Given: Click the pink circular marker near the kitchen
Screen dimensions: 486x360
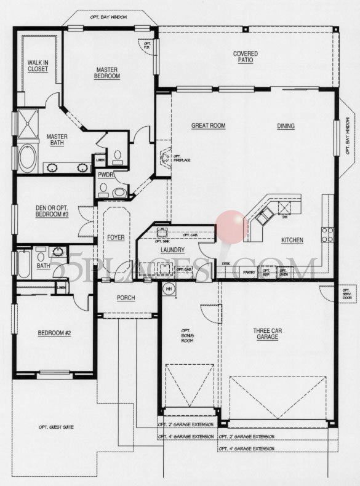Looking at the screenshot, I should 233,226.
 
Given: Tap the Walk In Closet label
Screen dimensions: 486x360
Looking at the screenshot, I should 38,65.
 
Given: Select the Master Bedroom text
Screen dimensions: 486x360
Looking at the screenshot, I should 106,73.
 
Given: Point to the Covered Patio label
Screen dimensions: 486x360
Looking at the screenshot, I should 245,57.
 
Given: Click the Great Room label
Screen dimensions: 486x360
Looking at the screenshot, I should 208,125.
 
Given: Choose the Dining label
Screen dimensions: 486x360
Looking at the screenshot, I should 286,126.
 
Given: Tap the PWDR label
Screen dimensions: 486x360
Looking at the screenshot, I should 104,175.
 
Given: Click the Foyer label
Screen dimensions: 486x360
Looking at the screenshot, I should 116,237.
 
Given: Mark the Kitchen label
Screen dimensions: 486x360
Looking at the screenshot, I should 292,240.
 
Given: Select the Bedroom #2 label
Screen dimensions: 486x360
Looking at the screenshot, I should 55,333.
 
